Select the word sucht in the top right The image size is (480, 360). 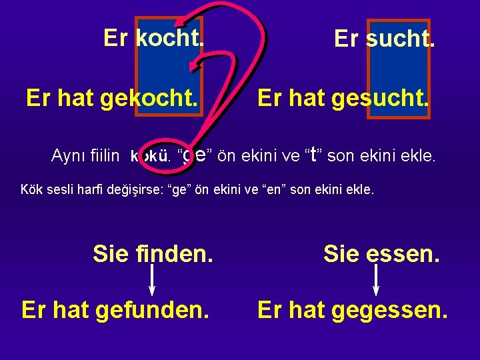(x=399, y=39)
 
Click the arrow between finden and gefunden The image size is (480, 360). (x=153, y=281)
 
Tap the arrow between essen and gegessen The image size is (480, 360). (x=377, y=281)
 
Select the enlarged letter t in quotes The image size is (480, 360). (x=313, y=155)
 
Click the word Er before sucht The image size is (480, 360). (x=346, y=39)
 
